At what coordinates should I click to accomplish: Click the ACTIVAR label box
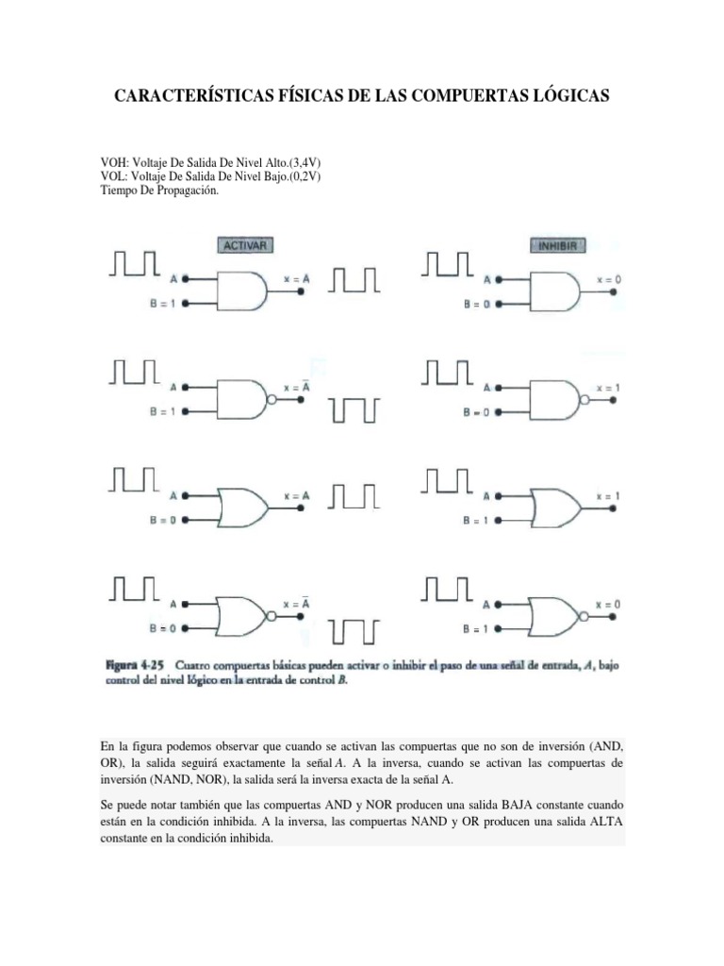[245, 245]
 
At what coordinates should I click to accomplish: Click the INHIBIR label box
[560, 245]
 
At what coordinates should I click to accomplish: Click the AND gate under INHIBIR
[555, 291]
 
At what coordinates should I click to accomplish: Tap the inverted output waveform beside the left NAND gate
[355, 410]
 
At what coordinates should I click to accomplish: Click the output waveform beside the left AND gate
[355, 279]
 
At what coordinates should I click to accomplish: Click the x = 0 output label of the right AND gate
[609, 279]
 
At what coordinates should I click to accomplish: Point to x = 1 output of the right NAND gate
[609, 387]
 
